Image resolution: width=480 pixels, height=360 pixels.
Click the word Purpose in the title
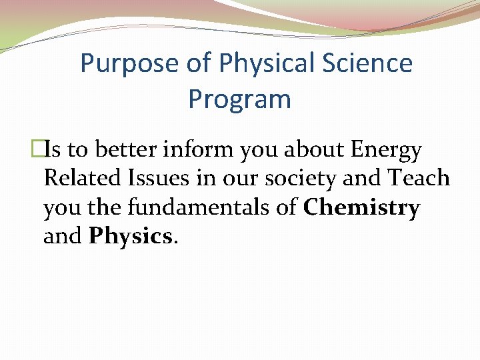coord(127,64)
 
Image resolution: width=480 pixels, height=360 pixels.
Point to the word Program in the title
coord(239,99)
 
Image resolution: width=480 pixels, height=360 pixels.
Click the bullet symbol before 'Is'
coord(37,151)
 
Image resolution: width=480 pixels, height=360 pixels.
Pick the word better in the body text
coord(123,151)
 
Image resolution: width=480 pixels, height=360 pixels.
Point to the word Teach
coord(418,179)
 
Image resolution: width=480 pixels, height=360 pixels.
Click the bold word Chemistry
coord(361,209)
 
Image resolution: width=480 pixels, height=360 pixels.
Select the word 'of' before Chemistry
coord(287,209)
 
